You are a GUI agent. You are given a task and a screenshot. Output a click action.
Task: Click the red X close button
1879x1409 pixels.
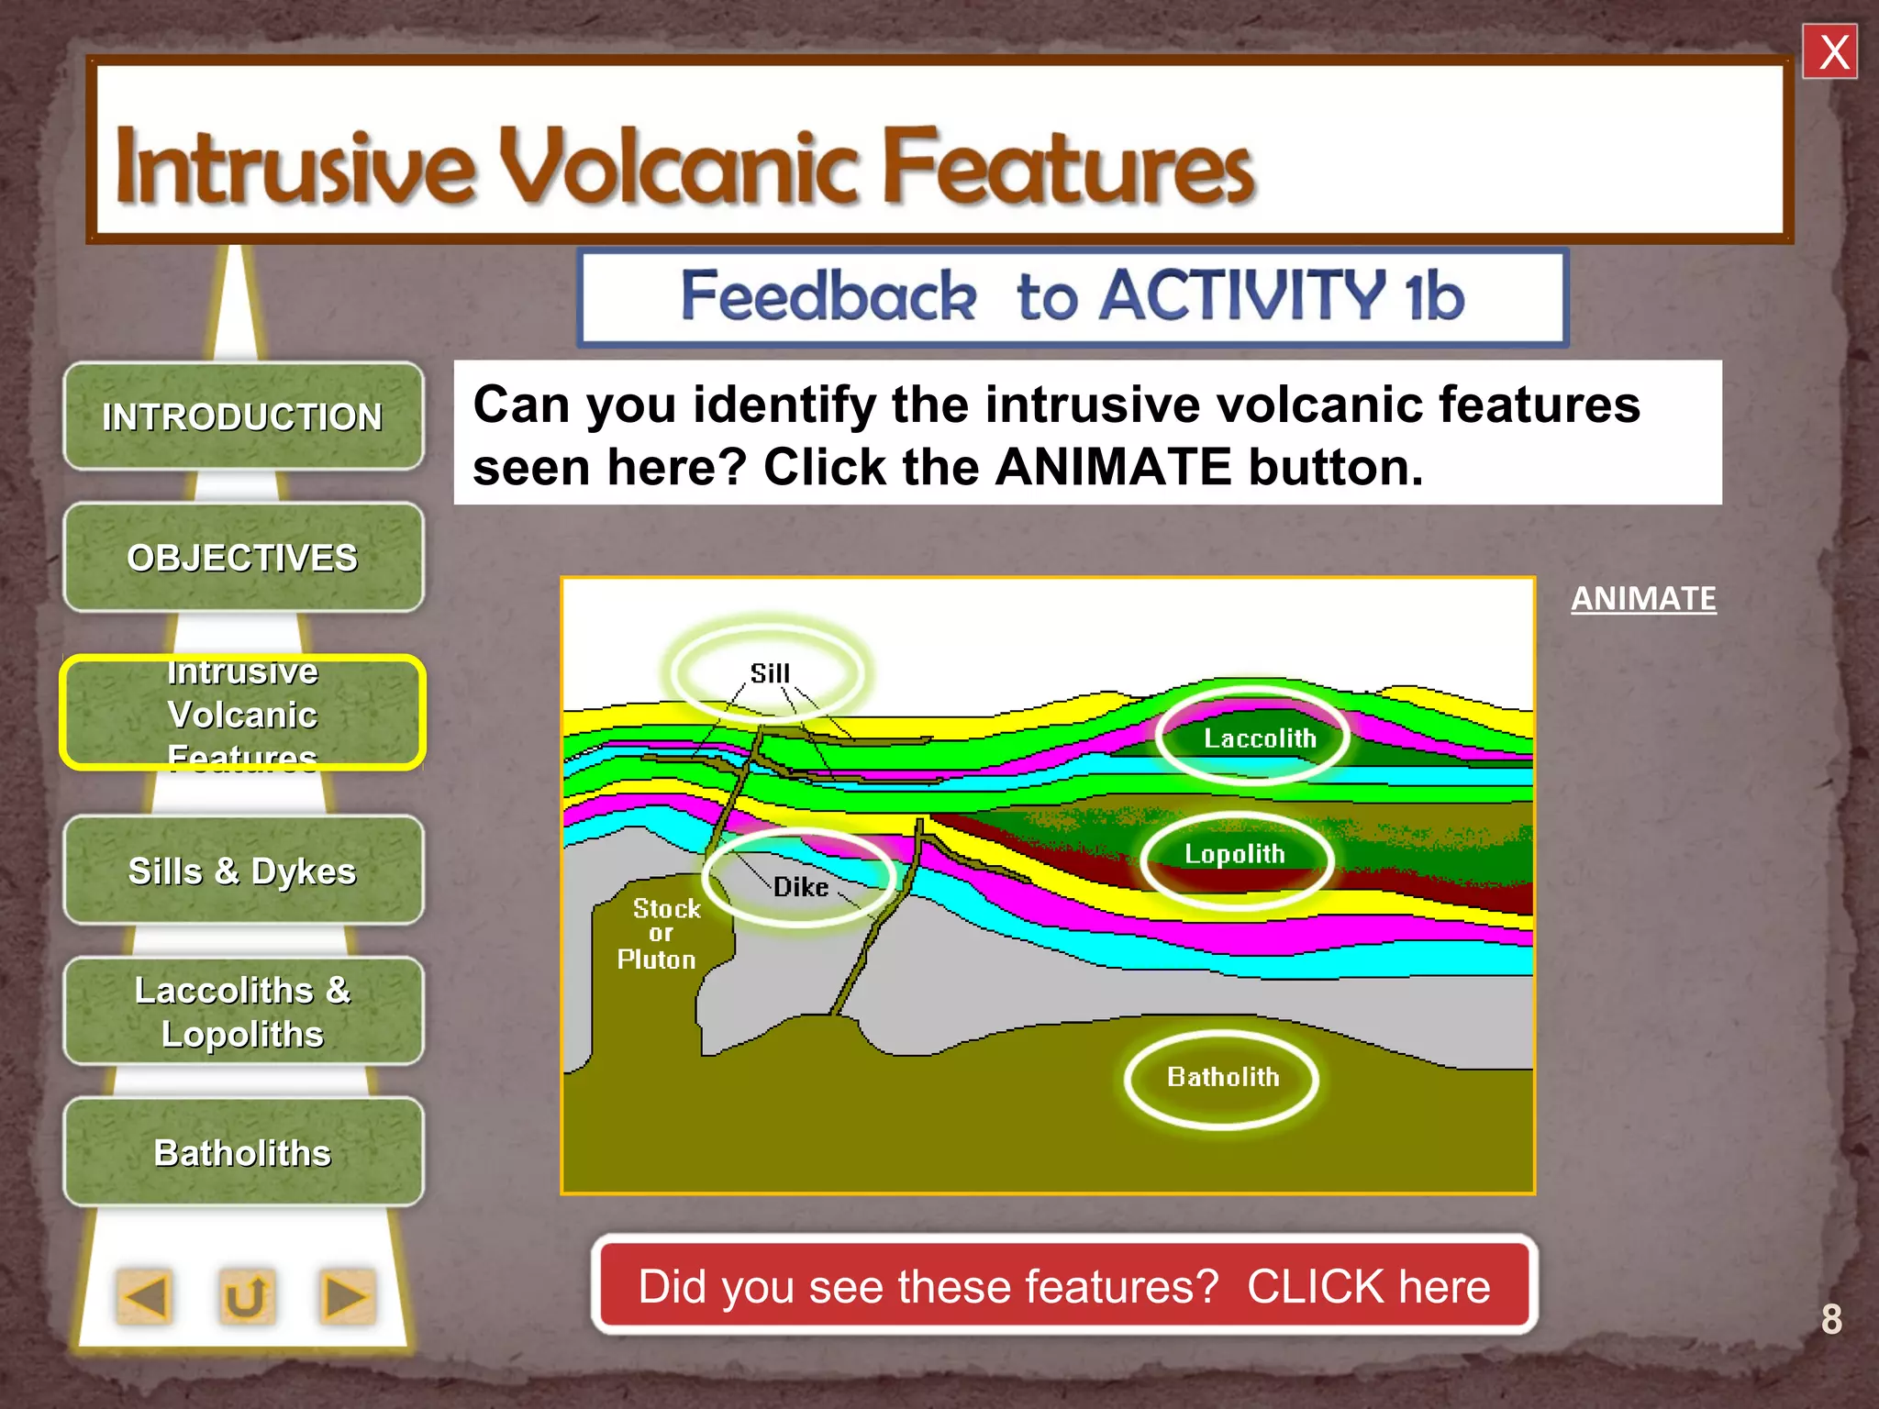(1829, 52)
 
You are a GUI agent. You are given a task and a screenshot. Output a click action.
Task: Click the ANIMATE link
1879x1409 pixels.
(1642, 599)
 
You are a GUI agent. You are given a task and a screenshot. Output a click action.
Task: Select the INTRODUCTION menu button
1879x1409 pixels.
(243, 417)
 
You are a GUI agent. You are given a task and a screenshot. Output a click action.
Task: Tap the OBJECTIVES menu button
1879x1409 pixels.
(243, 558)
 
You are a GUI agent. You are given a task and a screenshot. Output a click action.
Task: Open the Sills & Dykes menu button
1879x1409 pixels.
(243, 871)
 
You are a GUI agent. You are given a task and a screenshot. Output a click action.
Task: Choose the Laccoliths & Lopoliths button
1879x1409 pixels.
(243, 1012)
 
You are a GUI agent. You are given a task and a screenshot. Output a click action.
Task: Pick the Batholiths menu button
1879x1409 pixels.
(243, 1152)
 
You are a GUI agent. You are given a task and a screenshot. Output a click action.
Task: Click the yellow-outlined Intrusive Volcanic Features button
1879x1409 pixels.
(243, 714)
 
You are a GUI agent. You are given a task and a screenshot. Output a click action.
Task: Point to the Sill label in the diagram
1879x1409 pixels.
(770, 673)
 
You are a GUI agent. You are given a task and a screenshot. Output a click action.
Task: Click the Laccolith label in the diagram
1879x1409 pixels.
(1259, 738)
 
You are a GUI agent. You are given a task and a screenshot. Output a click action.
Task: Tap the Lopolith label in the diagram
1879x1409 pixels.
(1235, 854)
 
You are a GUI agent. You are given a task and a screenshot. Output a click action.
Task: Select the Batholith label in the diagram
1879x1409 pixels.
(1223, 1077)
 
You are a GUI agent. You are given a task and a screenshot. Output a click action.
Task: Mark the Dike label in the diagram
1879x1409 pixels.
(800, 887)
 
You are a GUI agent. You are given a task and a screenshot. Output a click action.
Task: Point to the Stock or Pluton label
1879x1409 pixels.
(660, 934)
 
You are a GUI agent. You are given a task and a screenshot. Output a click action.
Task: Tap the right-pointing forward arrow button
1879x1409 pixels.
(346, 1297)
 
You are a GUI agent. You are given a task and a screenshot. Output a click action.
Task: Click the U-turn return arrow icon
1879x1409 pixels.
(246, 1297)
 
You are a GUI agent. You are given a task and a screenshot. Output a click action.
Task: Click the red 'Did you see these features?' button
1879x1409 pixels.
(1064, 1286)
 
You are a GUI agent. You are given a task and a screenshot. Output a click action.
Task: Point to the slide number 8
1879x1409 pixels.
(1831, 1320)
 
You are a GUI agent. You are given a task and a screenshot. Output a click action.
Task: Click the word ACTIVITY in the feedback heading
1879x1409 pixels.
(1244, 296)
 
